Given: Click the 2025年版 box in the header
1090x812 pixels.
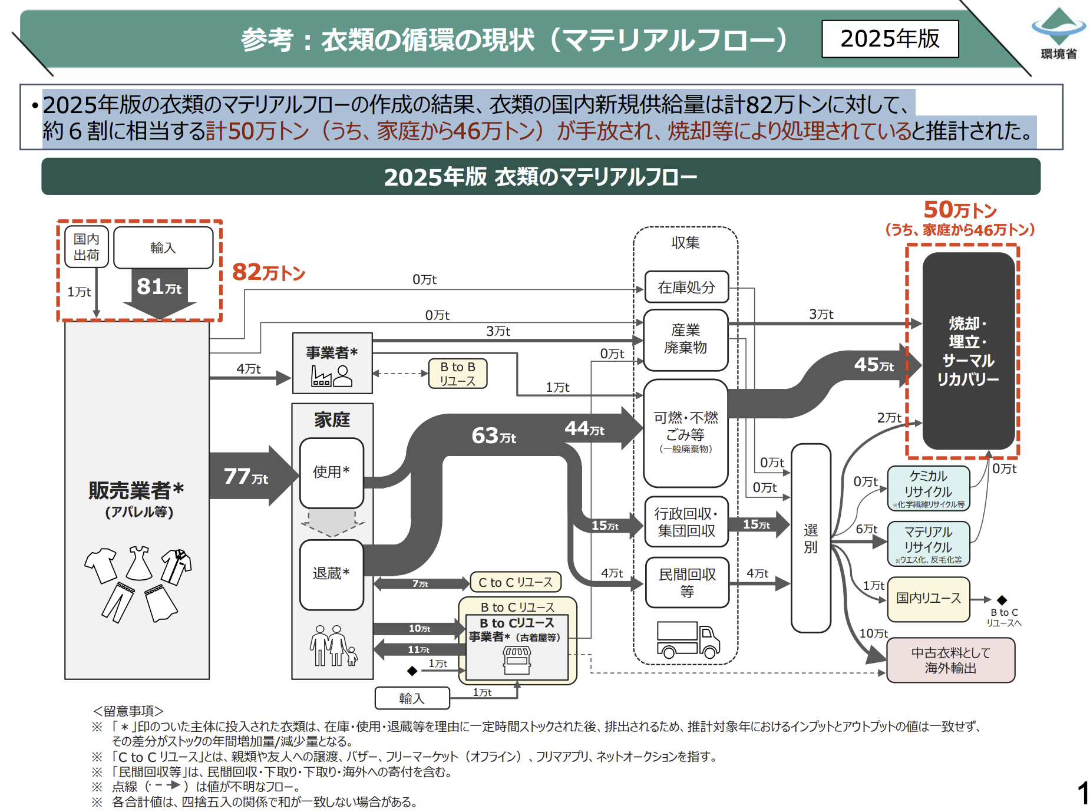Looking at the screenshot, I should click(890, 39).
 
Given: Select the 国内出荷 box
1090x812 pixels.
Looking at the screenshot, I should click(86, 247).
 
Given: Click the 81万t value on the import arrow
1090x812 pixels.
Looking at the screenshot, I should click(159, 287).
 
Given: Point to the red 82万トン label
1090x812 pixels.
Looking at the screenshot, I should click(269, 272).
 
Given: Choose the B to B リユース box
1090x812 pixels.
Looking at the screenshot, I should click(458, 374).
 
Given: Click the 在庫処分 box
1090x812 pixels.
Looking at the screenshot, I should click(686, 287).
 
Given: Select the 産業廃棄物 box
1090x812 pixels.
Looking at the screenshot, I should click(686, 339).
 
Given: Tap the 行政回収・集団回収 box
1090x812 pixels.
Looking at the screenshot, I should click(686, 522).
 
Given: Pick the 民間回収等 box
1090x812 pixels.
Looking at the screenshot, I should click(687, 582).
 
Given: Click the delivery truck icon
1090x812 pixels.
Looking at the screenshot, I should click(688, 640).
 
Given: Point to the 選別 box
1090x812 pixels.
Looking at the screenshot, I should click(811, 538).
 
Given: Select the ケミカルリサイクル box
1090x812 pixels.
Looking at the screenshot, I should click(929, 488).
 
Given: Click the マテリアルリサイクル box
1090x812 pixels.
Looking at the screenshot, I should click(929, 543).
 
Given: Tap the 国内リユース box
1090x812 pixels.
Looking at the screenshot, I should click(929, 599).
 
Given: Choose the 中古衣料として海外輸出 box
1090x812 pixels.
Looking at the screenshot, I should click(950, 661).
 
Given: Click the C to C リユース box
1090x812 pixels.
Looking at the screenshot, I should click(516, 582).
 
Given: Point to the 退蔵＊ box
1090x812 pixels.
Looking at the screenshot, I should click(331, 574).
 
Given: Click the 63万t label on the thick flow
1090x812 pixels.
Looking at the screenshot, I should click(494, 436).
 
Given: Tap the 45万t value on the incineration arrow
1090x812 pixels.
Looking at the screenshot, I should click(874, 365).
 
